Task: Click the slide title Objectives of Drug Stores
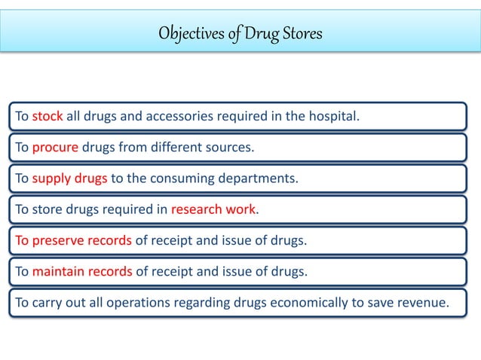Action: click(240, 34)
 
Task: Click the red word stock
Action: click(47, 117)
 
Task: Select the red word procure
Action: click(55, 148)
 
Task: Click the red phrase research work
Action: click(214, 210)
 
